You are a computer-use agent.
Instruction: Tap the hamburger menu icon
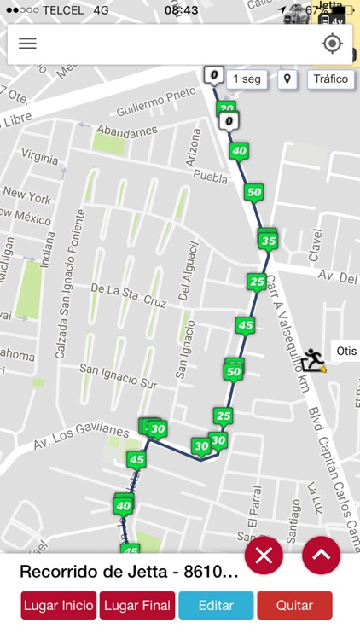click(27, 44)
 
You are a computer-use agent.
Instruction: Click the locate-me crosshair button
click(332, 44)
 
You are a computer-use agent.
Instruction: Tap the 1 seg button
click(247, 79)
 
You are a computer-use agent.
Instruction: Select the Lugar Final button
click(137, 606)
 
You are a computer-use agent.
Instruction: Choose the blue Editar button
click(216, 606)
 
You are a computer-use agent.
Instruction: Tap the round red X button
click(264, 556)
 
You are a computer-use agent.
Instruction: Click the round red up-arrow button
click(321, 556)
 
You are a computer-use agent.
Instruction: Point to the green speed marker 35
click(269, 241)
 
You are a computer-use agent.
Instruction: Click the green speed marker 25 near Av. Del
click(256, 281)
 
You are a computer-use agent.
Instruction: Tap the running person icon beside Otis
click(313, 360)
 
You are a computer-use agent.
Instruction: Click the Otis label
click(346, 351)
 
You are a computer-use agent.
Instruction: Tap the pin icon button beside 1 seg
click(287, 79)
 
